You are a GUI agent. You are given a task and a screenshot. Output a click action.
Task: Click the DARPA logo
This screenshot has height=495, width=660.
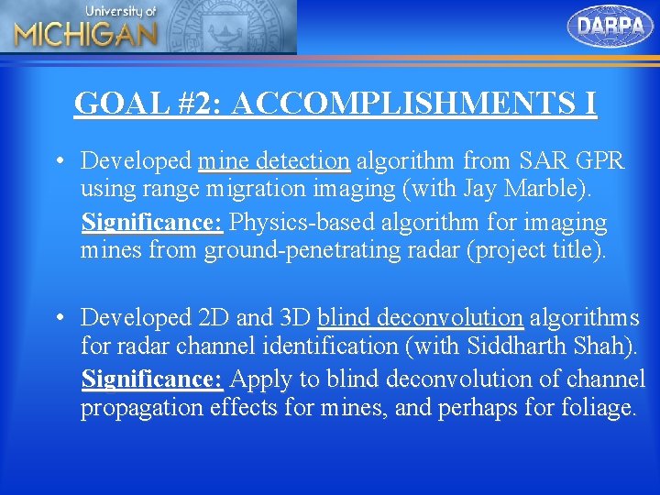click(610, 26)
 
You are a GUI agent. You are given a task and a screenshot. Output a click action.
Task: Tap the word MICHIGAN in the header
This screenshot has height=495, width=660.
click(85, 35)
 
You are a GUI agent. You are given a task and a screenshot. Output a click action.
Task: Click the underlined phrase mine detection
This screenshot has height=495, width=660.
click(274, 161)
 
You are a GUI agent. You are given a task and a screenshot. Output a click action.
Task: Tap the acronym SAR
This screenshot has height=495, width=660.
click(542, 161)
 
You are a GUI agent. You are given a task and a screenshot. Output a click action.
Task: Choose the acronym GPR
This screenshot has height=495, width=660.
click(599, 161)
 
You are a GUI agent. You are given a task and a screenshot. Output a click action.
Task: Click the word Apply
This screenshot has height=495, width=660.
click(257, 378)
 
